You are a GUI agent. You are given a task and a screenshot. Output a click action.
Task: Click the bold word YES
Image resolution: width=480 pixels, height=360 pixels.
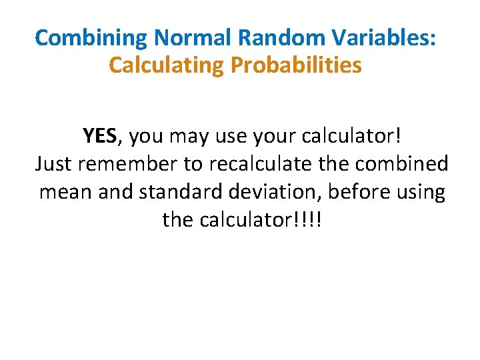point(100,136)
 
